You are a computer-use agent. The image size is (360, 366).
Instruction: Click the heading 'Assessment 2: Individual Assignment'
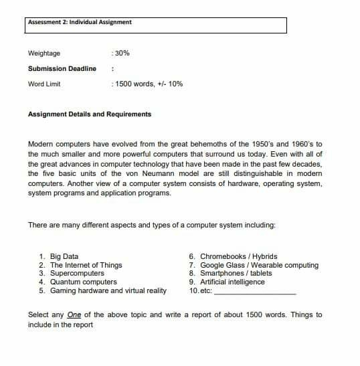click(80, 22)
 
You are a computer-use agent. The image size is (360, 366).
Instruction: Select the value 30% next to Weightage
click(121, 53)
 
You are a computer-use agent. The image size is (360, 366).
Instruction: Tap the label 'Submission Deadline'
click(62, 68)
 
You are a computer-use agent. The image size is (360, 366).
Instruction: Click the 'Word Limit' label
click(45, 84)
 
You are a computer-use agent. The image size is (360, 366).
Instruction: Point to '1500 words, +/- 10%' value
click(149, 84)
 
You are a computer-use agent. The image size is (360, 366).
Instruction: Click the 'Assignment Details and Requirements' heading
click(90, 114)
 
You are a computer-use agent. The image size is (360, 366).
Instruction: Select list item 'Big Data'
click(64, 256)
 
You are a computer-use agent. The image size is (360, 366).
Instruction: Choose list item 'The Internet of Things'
click(86, 265)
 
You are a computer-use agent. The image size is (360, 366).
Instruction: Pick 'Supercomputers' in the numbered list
click(77, 274)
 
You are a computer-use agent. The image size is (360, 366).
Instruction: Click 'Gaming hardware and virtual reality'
click(108, 291)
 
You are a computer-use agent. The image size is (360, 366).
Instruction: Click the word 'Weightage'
click(44, 53)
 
